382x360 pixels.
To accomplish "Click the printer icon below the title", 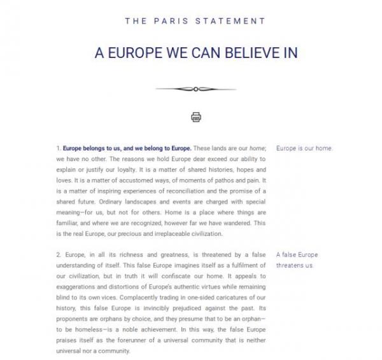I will pos(195,117).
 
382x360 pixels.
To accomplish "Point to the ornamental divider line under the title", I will pos(195,89).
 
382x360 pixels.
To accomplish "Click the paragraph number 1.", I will pos(58,148).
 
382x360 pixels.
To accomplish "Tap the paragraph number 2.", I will pos(58,254).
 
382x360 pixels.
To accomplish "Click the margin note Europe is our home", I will pos(304,148).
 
